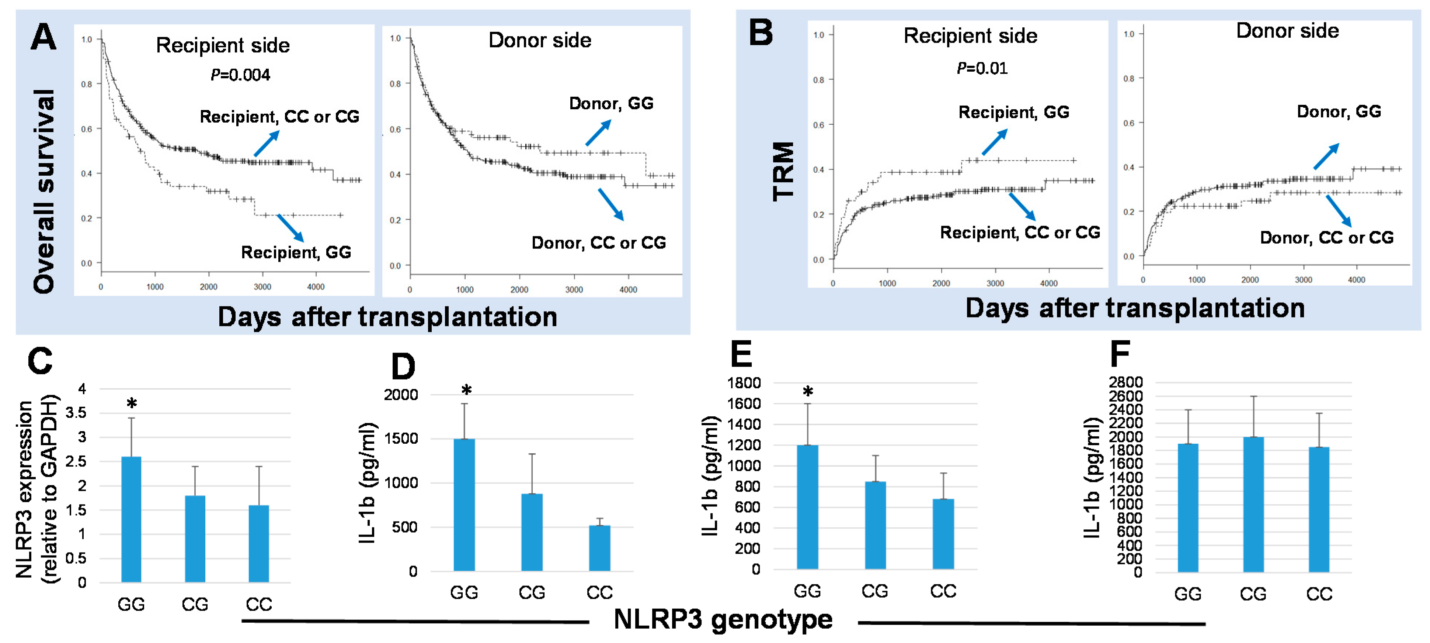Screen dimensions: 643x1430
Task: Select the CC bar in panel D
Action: (x=599, y=548)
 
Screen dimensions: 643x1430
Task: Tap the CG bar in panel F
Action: (x=1253, y=504)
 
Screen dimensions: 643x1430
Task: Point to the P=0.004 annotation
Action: (x=240, y=75)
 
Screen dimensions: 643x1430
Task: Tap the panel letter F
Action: (x=1120, y=354)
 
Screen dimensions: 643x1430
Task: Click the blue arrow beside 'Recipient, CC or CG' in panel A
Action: (x=267, y=143)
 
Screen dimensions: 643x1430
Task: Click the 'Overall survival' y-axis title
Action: (x=44, y=192)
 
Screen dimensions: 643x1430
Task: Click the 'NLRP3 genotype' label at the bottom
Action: (x=723, y=619)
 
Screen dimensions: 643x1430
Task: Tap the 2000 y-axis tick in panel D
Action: (x=400, y=395)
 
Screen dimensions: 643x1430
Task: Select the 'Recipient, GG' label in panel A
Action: (x=296, y=253)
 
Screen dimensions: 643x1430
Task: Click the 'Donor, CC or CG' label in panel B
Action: (x=1327, y=238)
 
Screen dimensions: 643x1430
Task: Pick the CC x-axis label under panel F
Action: (x=1319, y=594)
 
